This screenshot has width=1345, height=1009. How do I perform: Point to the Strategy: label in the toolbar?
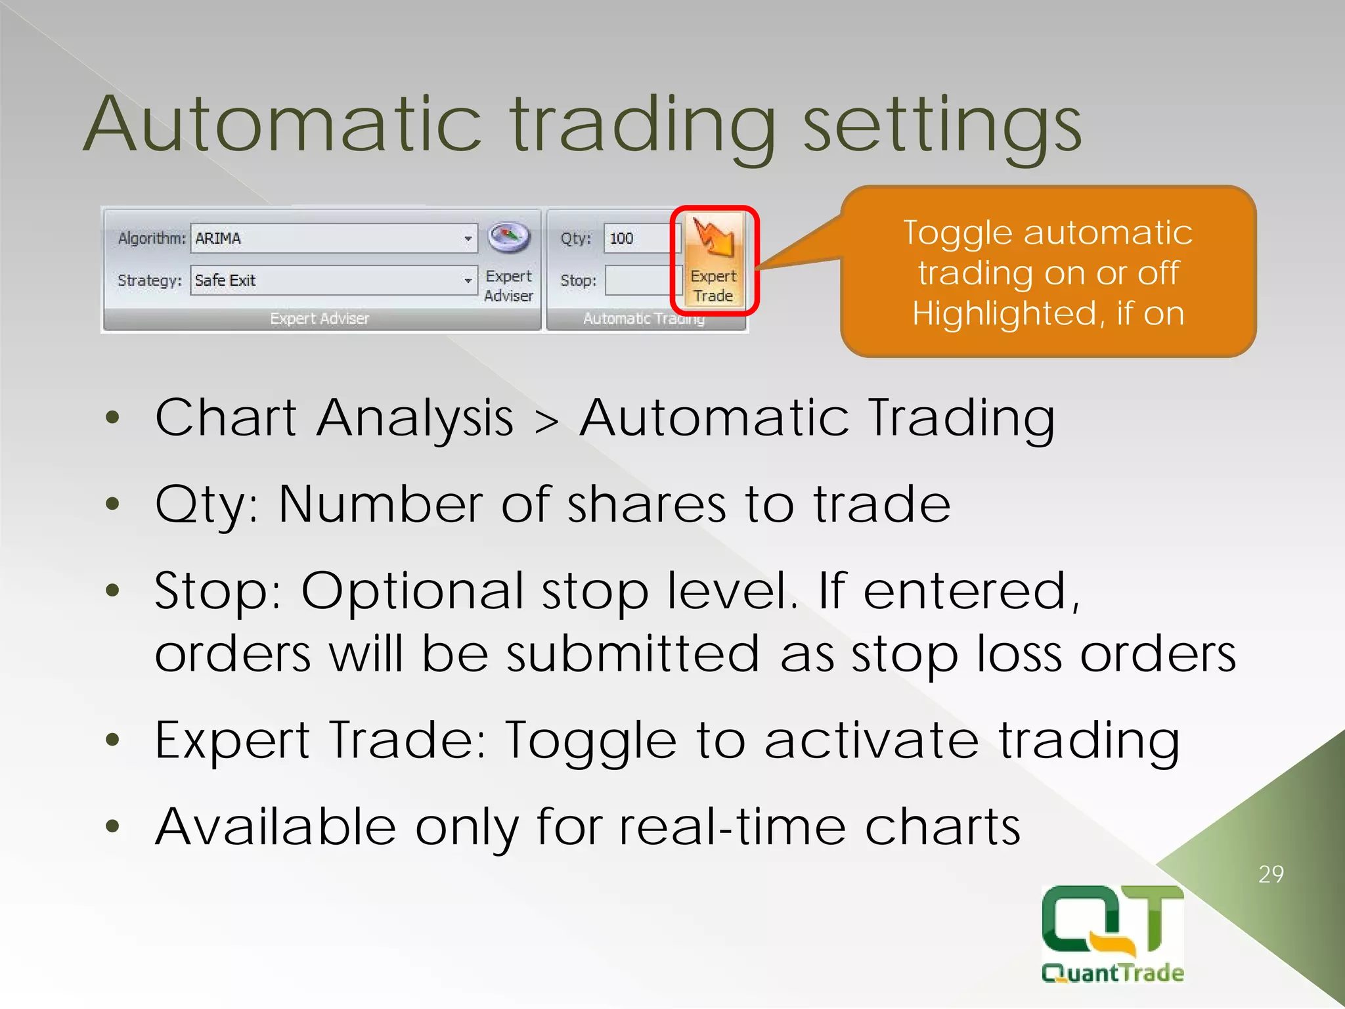pyautogui.click(x=149, y=280)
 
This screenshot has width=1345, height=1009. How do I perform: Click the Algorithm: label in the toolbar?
pyautogui.click(x=151, y=238)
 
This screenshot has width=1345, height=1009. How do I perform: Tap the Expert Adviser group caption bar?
pyautogui.click(x=320, y=319)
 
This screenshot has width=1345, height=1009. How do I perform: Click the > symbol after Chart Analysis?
pyautogui.click(x=546, y=421)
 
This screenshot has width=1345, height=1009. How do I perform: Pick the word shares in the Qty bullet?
pyautogui.click(x=646, y=504)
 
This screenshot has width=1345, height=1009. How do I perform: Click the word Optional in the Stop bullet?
pyautogui.click(x=412, y=591)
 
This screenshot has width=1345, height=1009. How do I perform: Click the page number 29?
pyautogui.click(x=1271, y=874)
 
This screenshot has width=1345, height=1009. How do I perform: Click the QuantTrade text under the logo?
pyautogui.click(x=1113, y=973)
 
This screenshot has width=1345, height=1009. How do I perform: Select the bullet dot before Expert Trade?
pyautogui.click(x=113, y=740)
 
